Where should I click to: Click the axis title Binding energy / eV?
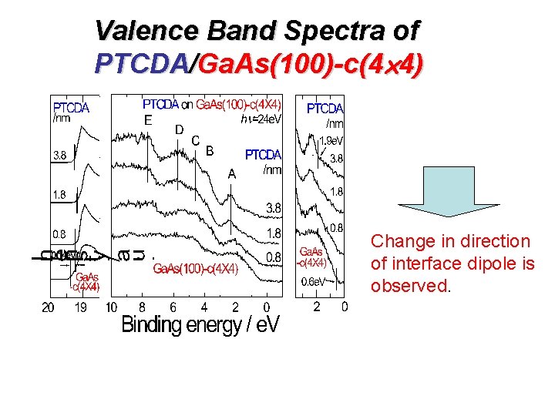(200, 326)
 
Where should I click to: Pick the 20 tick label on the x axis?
(47, 307)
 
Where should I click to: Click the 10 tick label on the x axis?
(111, 307)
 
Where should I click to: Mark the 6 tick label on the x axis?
(173, 307)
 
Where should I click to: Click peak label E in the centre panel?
(147, 119)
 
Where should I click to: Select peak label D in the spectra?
(178, 129)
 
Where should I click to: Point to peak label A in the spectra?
(231, 174)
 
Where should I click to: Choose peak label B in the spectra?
(209, 150)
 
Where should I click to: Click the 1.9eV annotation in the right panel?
(331, 141)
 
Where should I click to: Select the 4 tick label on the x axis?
(204, 307)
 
